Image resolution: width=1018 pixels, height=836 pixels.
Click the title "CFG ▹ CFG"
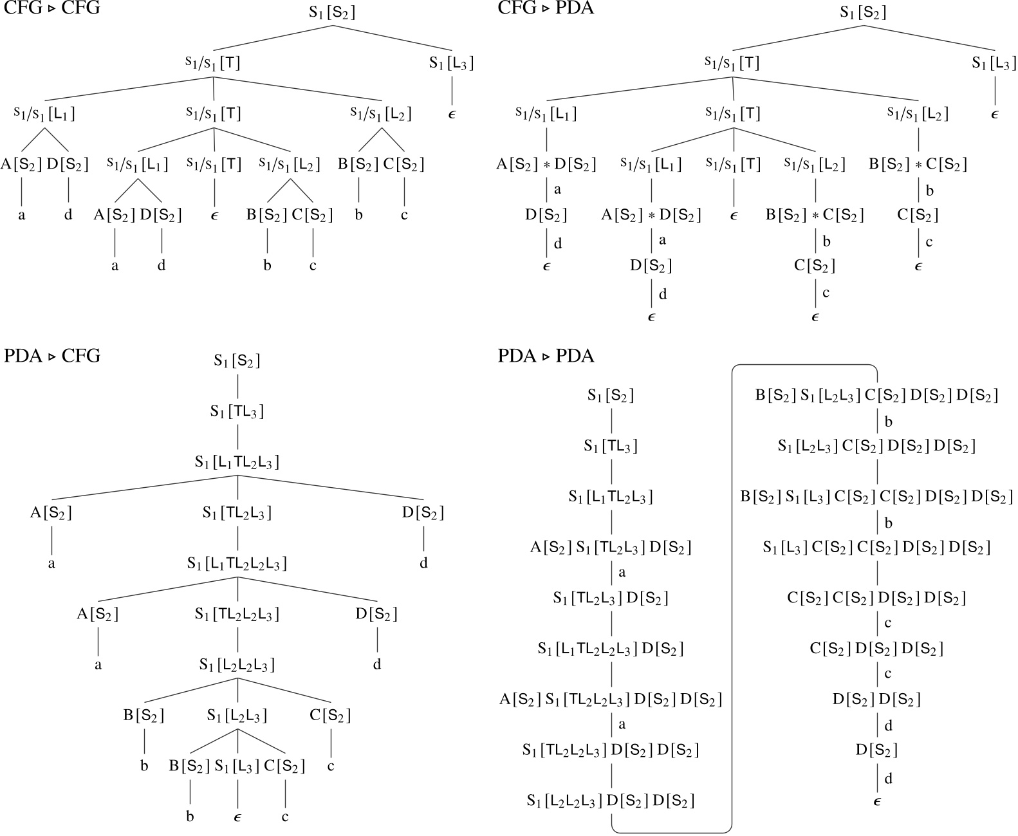(52, 8)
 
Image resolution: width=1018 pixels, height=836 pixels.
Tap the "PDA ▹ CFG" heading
(52, 356)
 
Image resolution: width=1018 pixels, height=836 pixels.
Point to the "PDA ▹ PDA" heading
(546, 356)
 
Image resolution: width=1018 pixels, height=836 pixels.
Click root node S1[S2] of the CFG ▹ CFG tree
(331, 12)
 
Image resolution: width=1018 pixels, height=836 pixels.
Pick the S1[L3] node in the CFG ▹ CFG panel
(452, 63)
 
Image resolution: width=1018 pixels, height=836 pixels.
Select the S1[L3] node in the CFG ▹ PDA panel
(994, 63)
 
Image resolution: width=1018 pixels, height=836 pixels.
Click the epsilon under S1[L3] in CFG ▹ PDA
(994, 115)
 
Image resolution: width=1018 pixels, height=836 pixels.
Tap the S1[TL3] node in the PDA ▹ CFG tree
(237, 411)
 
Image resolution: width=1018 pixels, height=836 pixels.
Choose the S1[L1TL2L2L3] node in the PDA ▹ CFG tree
(237, 564)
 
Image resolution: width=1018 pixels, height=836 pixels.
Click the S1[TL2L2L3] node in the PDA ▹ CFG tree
(237, 615)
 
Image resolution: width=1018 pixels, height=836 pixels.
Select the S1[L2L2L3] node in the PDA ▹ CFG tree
(237, 665)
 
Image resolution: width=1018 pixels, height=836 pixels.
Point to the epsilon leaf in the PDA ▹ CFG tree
(237, 817)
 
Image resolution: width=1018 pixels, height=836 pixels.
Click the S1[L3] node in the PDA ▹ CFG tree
(237, 766)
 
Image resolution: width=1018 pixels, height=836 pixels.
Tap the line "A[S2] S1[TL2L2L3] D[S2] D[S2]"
(610, 699)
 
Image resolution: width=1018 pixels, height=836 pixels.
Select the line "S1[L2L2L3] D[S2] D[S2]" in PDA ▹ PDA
(610, 801)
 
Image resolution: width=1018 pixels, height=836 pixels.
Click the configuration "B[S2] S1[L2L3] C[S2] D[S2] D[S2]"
(876, 395)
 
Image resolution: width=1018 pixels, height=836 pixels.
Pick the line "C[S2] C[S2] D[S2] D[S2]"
(876, 598)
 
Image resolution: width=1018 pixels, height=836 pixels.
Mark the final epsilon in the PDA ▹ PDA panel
(876, 801)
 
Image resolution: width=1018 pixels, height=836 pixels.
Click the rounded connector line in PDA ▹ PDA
(733, 599)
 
